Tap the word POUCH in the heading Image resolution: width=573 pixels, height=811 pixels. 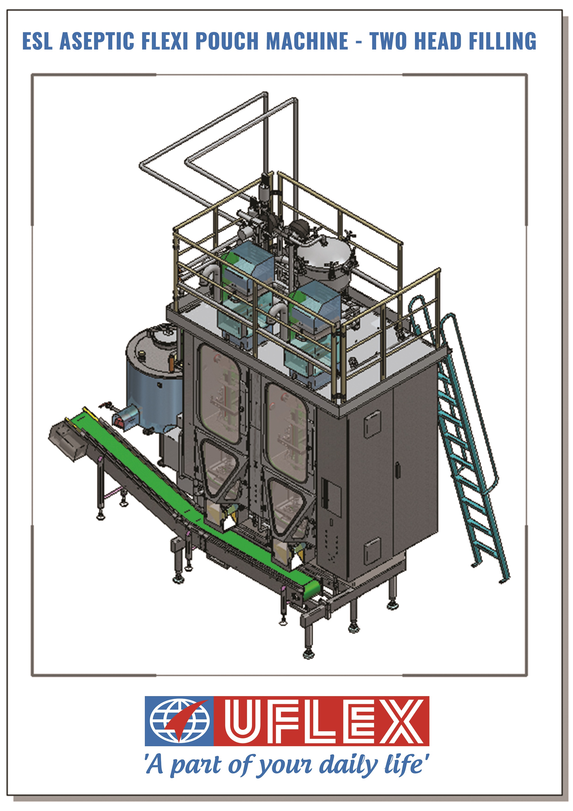[227, 41]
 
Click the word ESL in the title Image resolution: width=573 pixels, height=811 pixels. [37, 41]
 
